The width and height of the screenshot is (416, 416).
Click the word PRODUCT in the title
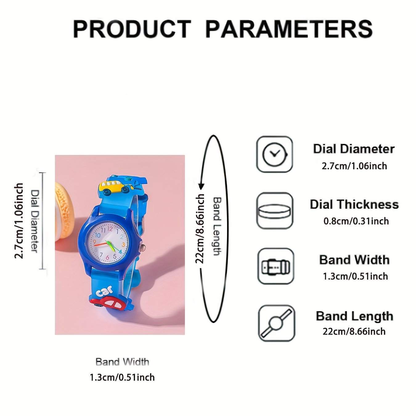pyautogui.click(x=132, y=29)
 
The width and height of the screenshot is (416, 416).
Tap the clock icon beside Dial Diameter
pyautogui.click(x=274, y=154)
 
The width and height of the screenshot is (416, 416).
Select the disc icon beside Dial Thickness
pyautogui.click(x=275, y=210)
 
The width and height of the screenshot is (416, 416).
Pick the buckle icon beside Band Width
pyautogui.click(x=276, y=266)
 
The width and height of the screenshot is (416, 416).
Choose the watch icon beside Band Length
pyautogui.click(x=276, y=323)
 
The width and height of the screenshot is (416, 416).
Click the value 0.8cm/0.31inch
pyautogui.click(x=356, y=221)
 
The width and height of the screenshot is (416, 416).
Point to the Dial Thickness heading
pyautogui.click(x=354, y=204)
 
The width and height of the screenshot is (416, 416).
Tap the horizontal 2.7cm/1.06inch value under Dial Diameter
pyautogui.click(x=354, y=166)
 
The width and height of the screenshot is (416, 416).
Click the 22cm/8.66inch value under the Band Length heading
pyautogui.click(x=354, y=331)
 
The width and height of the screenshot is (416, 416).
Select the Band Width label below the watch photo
pyautogui.click(x=122, y=362)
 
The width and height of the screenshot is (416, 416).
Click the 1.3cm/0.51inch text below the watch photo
pyautogui.click(x=122, y=377)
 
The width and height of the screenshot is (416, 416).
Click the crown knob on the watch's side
pyautogui.click(x=142, y=248)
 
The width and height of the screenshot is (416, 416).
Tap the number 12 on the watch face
pyautogui.click(x=110, y=228)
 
